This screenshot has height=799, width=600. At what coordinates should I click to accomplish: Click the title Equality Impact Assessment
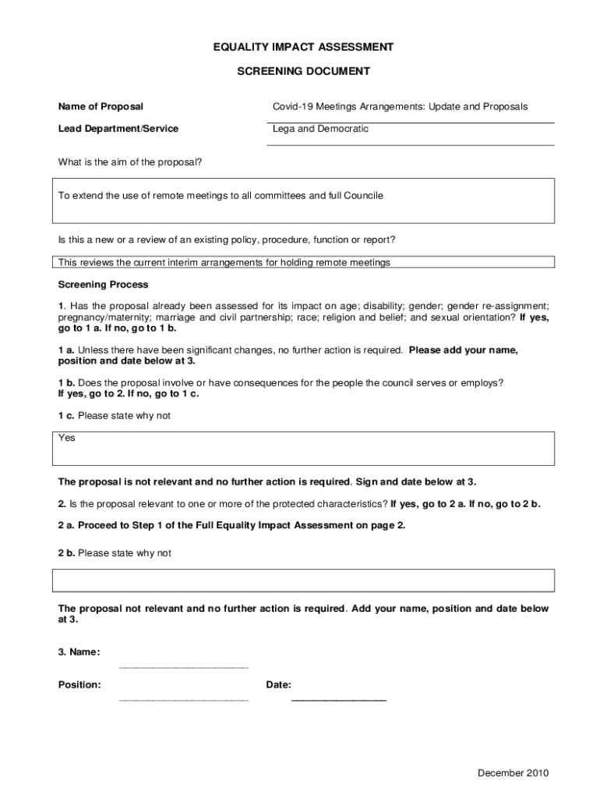click(x=303, y=47)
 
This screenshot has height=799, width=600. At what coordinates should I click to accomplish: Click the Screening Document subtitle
click(x=303, y=71)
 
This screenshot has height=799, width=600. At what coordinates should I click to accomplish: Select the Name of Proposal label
click(x=101, y=106)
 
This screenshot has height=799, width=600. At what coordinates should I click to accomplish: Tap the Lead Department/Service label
click(x=118, y=129)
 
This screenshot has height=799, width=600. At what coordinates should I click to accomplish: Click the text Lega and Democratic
click(x=320, y=129)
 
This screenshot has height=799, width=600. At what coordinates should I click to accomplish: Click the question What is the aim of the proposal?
click(x=130, y=162)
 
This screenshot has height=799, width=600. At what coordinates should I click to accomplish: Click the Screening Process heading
click(x=103, y=285)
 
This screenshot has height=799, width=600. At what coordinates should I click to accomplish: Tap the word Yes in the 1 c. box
click(x=67, y=439)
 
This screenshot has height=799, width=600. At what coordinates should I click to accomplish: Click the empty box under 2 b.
click(x=303, y=581)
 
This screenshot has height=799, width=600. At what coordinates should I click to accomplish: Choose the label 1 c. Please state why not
click(x=114, y=416)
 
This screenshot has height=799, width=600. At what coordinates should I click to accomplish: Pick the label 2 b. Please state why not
click(x=114, y=553)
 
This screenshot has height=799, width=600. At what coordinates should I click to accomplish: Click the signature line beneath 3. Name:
click(x=183, y=668)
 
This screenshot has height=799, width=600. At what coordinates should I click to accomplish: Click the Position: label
click(x=79, y=685)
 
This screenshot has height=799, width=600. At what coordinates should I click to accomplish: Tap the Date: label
click(x=279, y=685)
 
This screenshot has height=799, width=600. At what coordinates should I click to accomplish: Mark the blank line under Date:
click(x=338, y=700)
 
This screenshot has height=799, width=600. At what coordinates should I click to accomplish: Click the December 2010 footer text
click(x=514, y=773)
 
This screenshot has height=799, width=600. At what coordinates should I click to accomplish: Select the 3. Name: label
click(x=79, y=652)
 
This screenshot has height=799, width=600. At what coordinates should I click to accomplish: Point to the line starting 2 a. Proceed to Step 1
click(x=231, y=525)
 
